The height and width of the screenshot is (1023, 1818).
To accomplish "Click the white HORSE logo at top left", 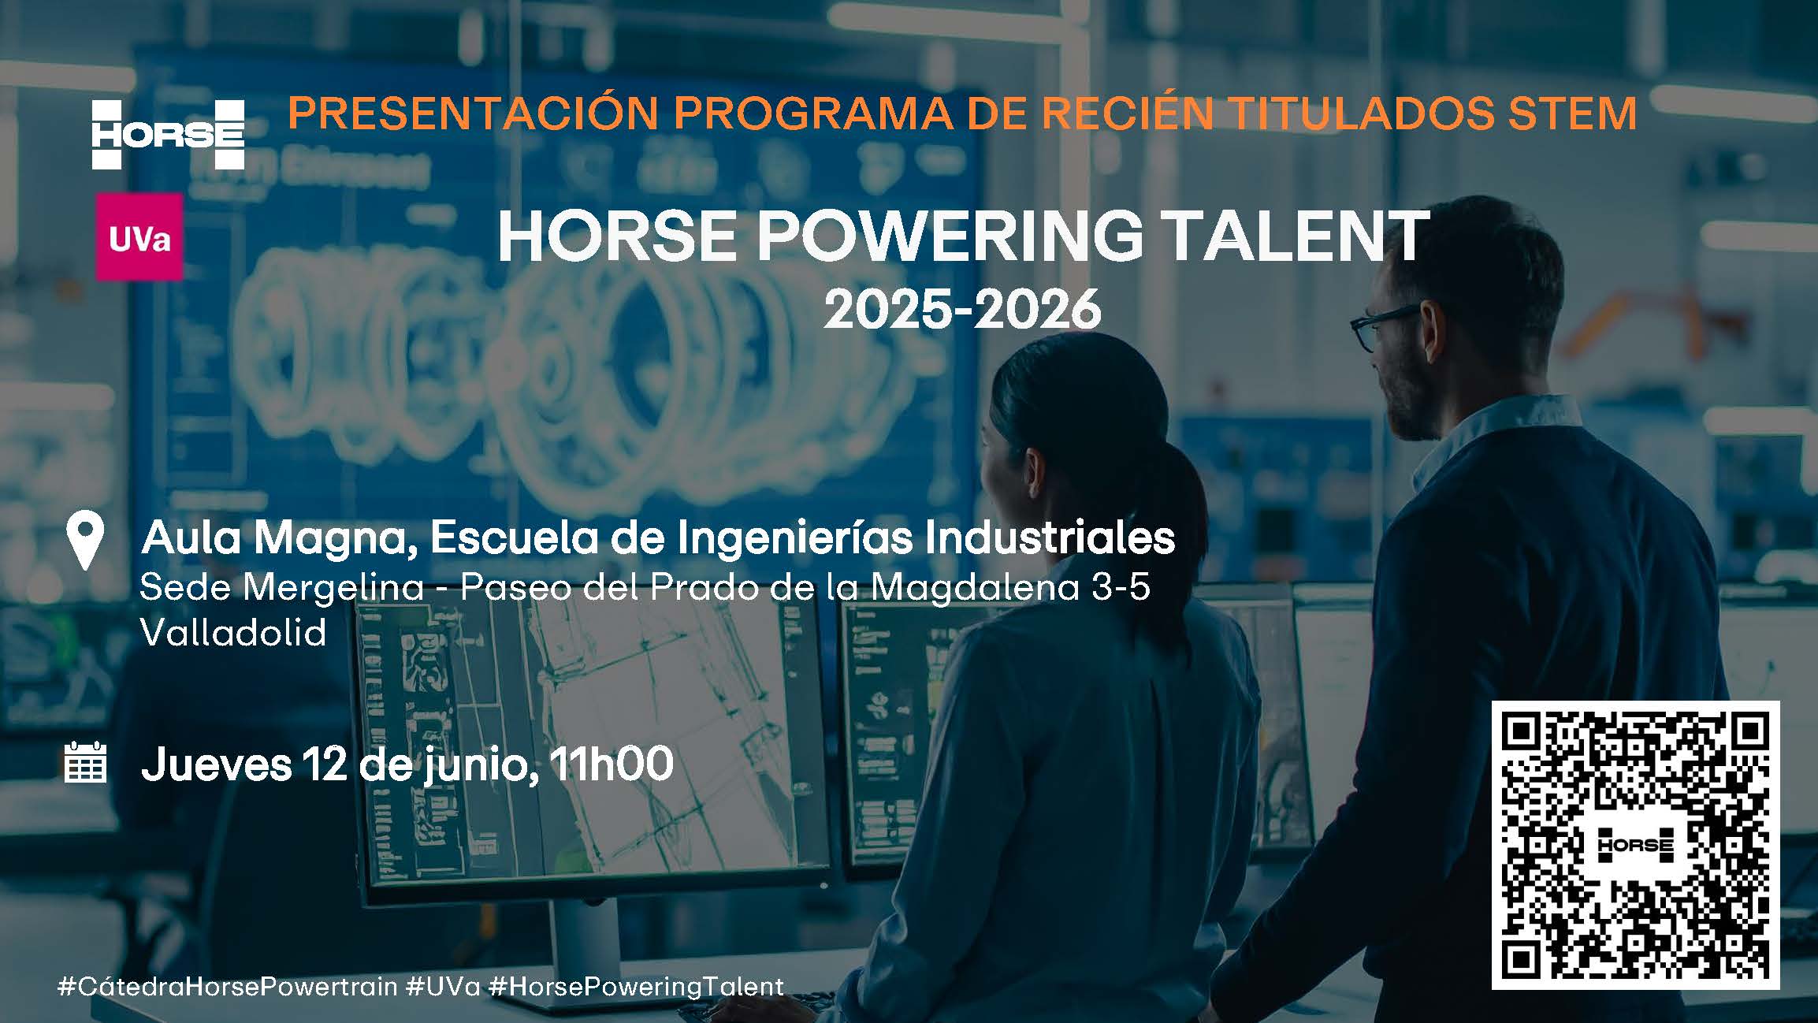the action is (168, 135).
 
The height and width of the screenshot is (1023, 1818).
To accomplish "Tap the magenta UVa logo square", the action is (139, 237).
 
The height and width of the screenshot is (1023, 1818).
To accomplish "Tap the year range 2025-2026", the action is (962, 309).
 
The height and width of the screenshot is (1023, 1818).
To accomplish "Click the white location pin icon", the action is (86, 540).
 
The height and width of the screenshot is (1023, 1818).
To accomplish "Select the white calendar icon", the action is (85, 762).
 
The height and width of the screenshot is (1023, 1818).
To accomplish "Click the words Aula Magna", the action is (279, 538).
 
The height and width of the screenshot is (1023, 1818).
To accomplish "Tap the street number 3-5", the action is (1121, 587).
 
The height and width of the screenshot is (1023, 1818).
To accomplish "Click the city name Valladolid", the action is (233, 632).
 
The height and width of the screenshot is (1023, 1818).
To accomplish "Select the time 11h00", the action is (612, 763).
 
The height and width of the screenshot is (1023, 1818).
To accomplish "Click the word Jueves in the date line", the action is (216, 764).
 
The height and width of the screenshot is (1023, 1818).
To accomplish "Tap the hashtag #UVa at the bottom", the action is (444, 987).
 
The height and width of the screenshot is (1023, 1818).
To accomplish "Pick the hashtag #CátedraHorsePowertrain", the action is (228, 987).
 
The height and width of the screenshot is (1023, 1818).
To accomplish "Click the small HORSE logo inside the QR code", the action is (1635, 846).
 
